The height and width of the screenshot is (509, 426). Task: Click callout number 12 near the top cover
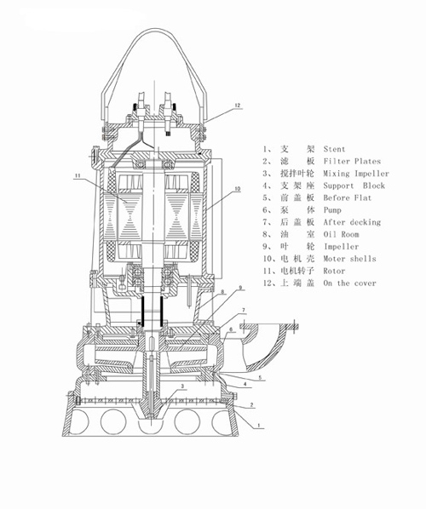238,106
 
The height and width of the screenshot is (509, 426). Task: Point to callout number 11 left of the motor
77,175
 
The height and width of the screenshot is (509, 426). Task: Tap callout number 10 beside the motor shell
238,189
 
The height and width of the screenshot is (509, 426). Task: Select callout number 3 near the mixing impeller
182,386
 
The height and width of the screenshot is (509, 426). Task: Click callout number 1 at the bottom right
259,425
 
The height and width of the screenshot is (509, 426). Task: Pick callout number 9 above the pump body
241,288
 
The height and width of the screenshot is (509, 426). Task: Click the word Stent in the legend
334,149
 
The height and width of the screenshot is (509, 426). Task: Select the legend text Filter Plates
352,162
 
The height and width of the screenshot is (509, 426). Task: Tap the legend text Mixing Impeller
356,174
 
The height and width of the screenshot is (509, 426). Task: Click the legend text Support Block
354,186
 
